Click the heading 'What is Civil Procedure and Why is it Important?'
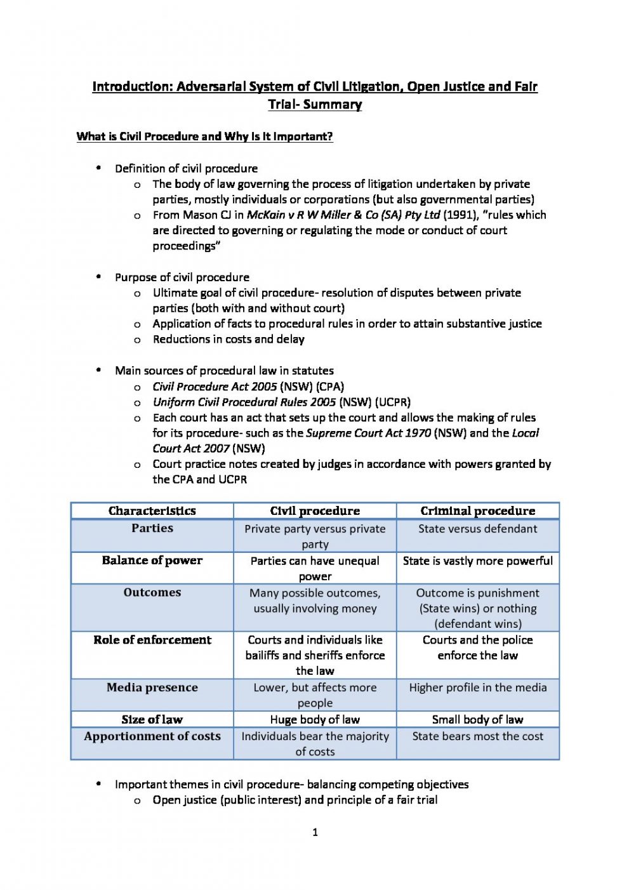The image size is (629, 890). pyautogui.click(x=204, y=136)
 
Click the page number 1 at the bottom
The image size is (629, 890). pyautogui.click(x=315, y=832)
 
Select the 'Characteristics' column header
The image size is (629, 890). pyautogui.click(x=152, y=511)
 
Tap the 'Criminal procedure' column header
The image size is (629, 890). pyautogui.click(x=477, y=511)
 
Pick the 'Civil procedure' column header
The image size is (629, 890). pyautogui.click(x=315, y=511)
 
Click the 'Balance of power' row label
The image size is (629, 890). pyautogui.click(x=152, y=561)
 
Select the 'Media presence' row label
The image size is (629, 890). pyautogui.click(x=152, y=687)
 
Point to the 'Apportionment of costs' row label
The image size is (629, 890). pyautogui.click(x=152, y=736)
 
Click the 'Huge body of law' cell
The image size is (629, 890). pyautogui.click(x=315, y=720)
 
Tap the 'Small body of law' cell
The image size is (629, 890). pyautogui.click(x=477, y=720)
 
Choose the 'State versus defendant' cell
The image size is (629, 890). pyautogui.click(x=477, y=529)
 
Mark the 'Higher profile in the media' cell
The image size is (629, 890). pyautogui.click(x=477, y=687)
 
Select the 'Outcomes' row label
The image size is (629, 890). pyautogui.click(x=152, y=592)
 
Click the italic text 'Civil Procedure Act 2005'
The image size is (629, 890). pyautogui.click(x=215, y=387)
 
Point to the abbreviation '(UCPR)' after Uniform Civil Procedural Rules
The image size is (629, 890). pyautogui.click(x=392, y=402)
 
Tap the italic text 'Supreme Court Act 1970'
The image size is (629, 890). pyautogui.click(x=368, y=434)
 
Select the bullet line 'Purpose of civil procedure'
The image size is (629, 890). pyautogui.click(x=182, y=277)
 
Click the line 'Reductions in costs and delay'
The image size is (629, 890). pyautogui.click(x=228, y=340)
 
